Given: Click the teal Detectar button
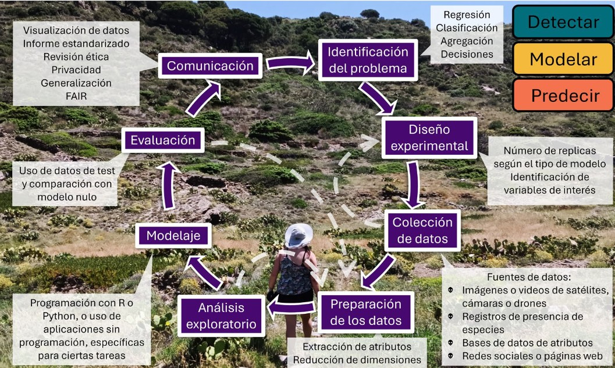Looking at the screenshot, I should [x=563, y=22].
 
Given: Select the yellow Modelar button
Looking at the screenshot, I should [x=563, y=59].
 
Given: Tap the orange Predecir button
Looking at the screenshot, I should [x=563, y=95].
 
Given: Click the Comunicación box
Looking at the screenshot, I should [x=210, y=66].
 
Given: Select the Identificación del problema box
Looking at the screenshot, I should [x=368, y=60].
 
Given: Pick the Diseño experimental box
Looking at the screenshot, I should [x=429, y=137].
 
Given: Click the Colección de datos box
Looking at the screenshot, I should [x=422, y=230].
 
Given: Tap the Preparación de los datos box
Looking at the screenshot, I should [x=366, y=312].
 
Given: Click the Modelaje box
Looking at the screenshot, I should [x=173, y=235].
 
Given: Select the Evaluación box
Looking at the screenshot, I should [x=162, y=140].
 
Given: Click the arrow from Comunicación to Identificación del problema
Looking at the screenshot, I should [x=289, y=62].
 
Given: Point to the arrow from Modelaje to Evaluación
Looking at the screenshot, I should [x=168, y=186].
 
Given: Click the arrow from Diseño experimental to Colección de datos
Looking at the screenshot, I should [x=414, y=184].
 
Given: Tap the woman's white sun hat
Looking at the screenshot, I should [x=298, y=235].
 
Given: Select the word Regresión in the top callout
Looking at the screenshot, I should [x=467, y=15].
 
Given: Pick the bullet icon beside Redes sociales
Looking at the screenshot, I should [x=451, y=355].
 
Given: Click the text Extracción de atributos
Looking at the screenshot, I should [x=357, y=346].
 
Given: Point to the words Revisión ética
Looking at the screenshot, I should [x=76, y=56].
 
